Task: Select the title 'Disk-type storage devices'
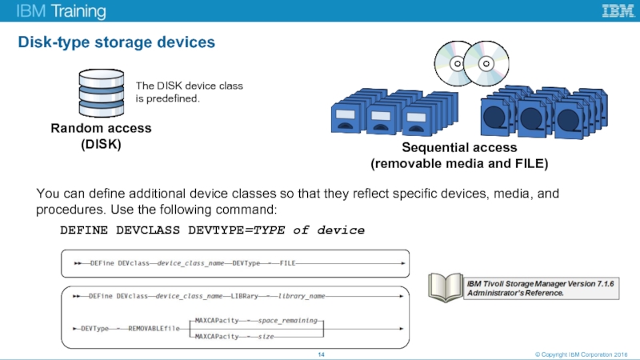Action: click(117, 42)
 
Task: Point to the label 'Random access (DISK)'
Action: click(101, 137)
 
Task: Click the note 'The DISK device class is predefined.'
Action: click(189, 91)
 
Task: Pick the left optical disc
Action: click(455, 62)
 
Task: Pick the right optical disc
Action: click(485, 62)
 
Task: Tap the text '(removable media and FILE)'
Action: click(458, 164)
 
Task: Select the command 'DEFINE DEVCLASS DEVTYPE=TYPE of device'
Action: click(212, 230)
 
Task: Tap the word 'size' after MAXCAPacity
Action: click(266, 337)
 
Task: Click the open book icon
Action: click(445, 287)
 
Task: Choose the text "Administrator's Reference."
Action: click(515, 293)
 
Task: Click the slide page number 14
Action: click(320, 353)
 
